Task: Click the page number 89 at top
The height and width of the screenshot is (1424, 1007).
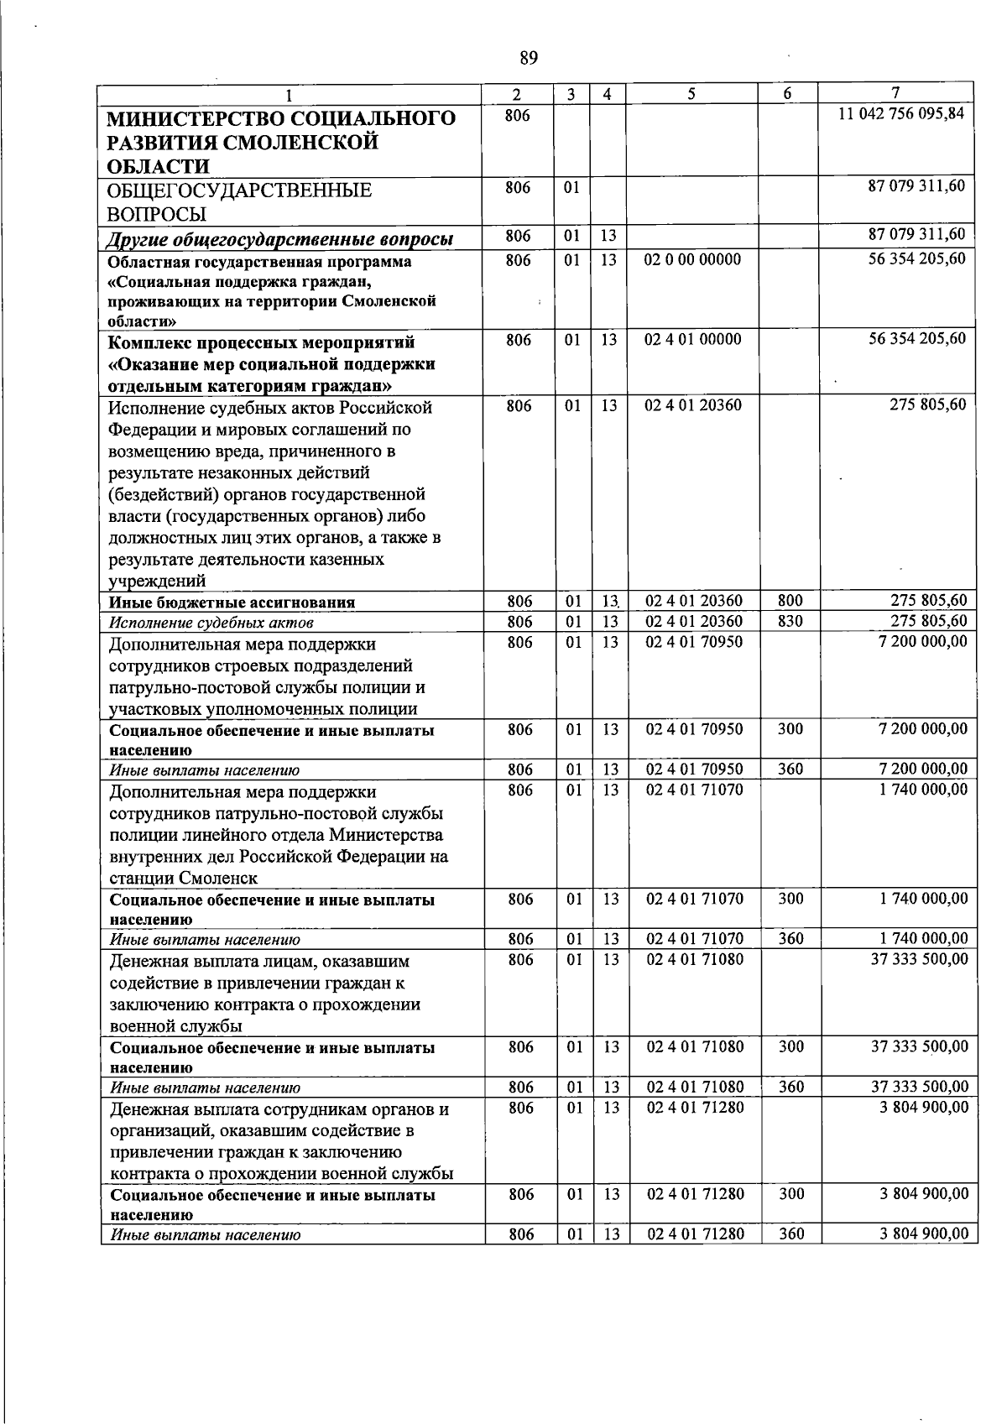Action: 528,57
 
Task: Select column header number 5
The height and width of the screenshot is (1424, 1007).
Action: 691,95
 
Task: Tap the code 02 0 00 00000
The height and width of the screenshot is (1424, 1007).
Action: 692,259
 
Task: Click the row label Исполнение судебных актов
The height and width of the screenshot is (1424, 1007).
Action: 211,623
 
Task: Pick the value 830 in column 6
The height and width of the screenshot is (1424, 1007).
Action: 790,622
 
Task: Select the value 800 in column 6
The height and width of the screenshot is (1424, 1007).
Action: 790,601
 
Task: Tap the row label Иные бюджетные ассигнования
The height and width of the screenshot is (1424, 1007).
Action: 232,602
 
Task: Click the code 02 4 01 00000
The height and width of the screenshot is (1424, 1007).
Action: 692,340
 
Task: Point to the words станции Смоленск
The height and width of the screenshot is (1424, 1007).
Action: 183,879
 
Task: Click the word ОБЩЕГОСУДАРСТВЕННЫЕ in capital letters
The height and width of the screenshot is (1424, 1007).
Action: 240,190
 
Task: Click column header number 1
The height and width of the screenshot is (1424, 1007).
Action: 289,95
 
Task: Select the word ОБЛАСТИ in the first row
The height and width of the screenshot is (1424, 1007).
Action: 159,166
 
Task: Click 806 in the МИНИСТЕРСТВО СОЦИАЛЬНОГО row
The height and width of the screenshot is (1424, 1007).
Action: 518,116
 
